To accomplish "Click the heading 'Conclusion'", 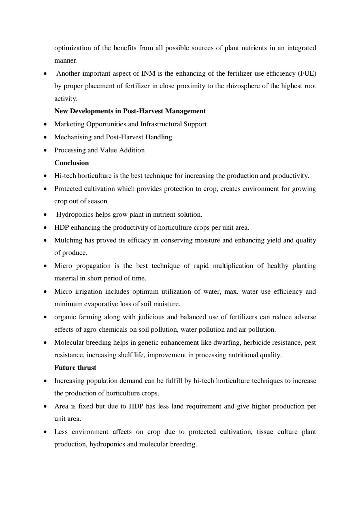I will coord(71,163).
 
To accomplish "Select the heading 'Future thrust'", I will coord(75,368).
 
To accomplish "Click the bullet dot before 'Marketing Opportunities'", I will coord(45,124).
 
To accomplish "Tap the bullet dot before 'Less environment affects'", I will coord(45,432).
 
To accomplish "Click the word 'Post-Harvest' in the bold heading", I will coord(143,111).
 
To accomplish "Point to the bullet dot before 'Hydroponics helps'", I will coord(45,215).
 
